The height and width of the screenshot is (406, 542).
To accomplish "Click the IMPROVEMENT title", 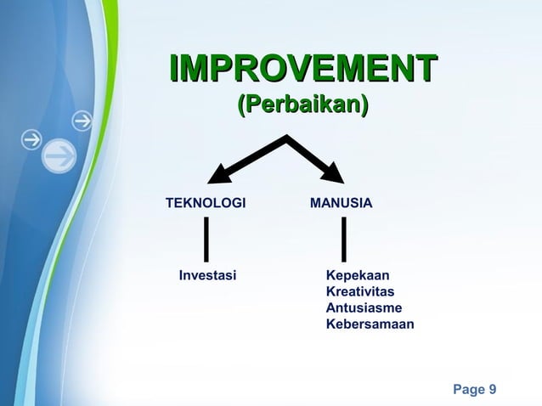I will click(303, 68).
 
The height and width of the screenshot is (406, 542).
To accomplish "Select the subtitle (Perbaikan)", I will click(303, 105).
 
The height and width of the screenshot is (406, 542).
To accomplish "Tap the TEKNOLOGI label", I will click(206, 204).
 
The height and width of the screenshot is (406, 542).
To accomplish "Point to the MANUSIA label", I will click(341, 204).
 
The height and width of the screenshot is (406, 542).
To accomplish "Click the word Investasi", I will click(207, 275).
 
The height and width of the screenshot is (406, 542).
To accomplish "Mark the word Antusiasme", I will click(364, 307).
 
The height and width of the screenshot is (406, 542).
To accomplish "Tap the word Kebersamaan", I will click(370, 324).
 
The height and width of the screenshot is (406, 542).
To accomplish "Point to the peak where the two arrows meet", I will click(287, 138).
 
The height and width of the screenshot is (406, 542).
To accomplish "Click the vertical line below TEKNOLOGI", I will click(206, 239).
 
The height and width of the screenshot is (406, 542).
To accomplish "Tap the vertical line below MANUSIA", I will click(343, 239).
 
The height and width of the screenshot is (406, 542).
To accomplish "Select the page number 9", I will click(493, 390).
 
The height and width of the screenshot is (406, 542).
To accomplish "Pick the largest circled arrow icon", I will click(59, 155).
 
